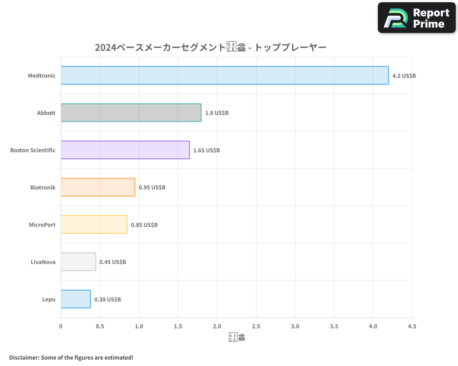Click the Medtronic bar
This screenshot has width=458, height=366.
click(x=224, y=75)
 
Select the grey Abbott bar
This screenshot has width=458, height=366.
click(x=131, y=113)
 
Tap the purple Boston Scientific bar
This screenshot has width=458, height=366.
click(x=125, y=150)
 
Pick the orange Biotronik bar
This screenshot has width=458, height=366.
click(x=98, y=187)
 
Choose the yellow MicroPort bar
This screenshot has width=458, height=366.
click(x=94, y=225)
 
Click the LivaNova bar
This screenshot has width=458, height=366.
click(x=78, y=262)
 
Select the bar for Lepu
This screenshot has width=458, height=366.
click(x=76, y=299)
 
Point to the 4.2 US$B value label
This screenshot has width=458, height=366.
click(x=404, y=75)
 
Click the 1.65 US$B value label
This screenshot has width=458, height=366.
click(x=207, y=150)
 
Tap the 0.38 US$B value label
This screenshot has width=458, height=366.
click(x=108, y=299)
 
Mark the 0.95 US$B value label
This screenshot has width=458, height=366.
click(x=152, y=187)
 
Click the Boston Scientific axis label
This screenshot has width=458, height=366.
click(x=33, y=150)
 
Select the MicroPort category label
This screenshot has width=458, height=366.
click(x=42, y=225)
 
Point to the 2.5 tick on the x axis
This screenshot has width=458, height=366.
click(x=256, y=326)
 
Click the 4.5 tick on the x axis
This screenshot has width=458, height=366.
click(x=412, y=326)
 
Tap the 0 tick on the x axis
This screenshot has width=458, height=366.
click(x=61, y=326)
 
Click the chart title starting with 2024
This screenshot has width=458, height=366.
click(x=210, y=47)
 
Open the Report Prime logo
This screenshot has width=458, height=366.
click(x=417, y=18)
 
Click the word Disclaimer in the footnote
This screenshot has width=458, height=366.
click(x=24, y=357)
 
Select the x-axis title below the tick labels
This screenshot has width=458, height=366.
click(x=236, y=338)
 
